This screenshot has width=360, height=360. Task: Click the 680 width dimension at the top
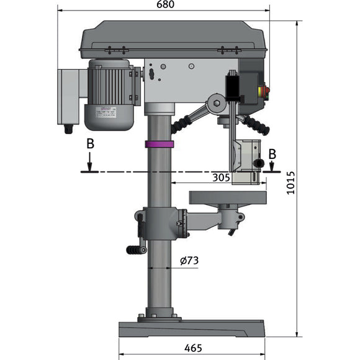click(x=164, y=5)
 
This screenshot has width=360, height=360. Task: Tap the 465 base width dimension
click(x=192, y=348)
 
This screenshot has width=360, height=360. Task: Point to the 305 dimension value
click(x=221, y=177)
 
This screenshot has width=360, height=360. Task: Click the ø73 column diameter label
click(x=189, y=261)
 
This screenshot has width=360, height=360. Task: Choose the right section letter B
click(x=272, y=154)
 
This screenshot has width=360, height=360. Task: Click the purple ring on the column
click(x=160, y=145)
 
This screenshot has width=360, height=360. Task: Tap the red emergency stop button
click(x=268, y=91)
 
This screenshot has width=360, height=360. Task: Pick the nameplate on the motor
click(x=108, y=112)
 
